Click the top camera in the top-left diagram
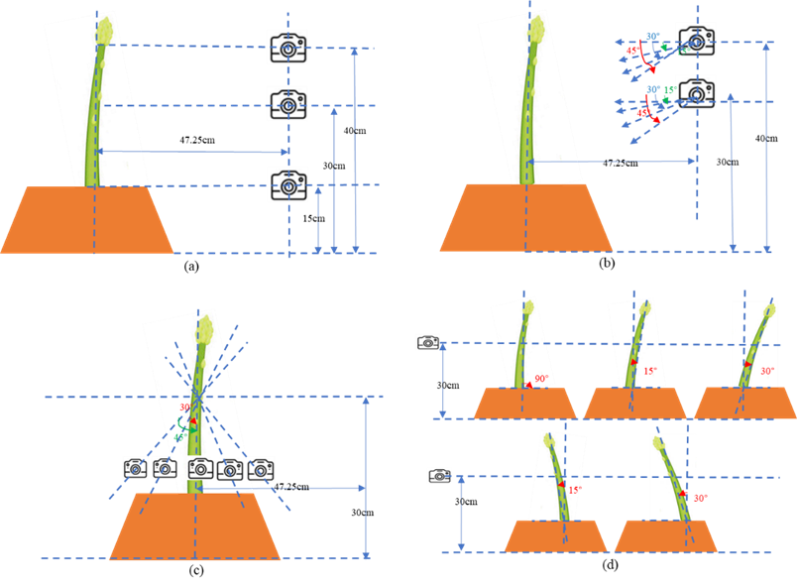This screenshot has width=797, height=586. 287,46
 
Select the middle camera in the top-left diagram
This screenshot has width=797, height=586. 287,103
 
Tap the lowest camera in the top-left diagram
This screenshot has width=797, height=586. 287,184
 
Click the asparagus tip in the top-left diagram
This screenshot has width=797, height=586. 104,30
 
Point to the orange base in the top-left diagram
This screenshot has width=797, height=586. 87,219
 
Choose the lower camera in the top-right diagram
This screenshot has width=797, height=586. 696,92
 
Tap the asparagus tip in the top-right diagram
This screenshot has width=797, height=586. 537,31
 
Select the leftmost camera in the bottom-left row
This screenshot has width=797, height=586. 136,468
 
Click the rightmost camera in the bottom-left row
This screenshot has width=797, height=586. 262,468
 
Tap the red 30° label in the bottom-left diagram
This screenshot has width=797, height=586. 184,408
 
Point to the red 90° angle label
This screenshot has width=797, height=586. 540,379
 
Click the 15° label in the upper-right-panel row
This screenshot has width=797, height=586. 650,371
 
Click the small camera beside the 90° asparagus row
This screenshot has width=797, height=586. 427,342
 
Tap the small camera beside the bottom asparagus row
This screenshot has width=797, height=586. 440,476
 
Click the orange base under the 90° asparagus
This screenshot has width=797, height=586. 524,403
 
